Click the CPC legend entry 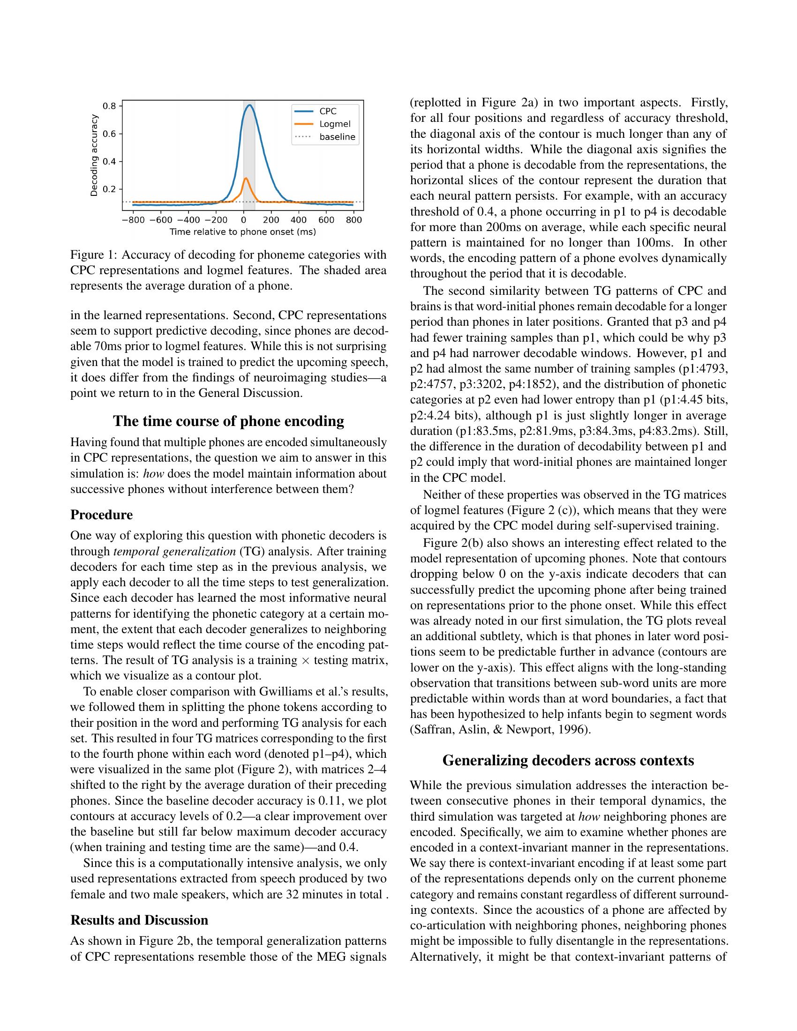click(x=328, y=112)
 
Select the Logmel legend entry click(x=334, y=124)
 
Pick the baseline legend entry click(x=337, y=137)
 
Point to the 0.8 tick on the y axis click(x=110, y=106)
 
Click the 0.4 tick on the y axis click(x=110, y=162)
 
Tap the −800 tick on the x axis click(x=133, y=220)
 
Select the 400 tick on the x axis click(x=298, y=220)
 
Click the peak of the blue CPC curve click(x=250, y=105)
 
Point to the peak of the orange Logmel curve click(x=246, y=179)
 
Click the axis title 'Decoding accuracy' click(x=94, y=155)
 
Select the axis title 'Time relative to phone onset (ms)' click(x=243, y=232)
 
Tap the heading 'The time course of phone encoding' click(x=228, y=421)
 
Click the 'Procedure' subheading click(x=102, y=515)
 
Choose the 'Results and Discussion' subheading click(x=139, y=920)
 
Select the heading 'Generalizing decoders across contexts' click(x=568, y=761)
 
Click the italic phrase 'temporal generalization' click(x=173, y=552)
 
